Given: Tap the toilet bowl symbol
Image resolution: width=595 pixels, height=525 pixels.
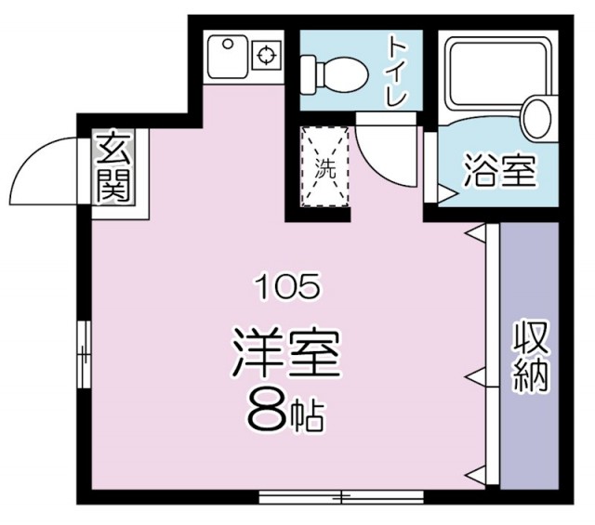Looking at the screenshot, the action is tap(335, 74).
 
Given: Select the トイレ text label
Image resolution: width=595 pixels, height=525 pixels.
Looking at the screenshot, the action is tap(397, 72).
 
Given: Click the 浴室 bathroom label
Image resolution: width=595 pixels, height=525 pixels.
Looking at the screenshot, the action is tap(500, 171).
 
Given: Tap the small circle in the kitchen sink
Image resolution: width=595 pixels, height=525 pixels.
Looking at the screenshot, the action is tap(227, 44).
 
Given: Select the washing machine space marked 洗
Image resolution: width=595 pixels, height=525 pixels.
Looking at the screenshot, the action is tap(325, 167).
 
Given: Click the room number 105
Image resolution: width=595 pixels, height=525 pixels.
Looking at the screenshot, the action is tap(287, 287).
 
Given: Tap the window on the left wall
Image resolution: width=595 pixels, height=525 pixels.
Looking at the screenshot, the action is tap(84, 354).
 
